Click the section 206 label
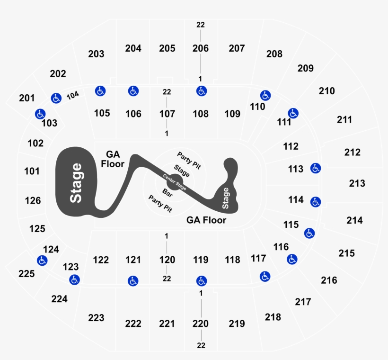[x=201, y=48]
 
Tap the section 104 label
[x=73, y=95]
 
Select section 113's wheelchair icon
[x=316, y=168]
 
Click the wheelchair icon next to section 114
[x=316, y=202]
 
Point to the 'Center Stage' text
[x=175, y=182]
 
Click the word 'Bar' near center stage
[x=168, y=193]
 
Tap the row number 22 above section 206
[x=201, y=25]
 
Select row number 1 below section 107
[x=167, y=133]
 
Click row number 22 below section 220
[x=201, y=345]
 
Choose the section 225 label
[x=26, y=274]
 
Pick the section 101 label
[x=32, y=171]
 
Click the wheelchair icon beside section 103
[x=40, y=114]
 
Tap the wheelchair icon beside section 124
[x=42, y=261]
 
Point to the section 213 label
[x=357, y=183]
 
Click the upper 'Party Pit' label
[x=189, y=161]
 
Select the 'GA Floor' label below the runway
[x=206, y=220]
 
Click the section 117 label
[x=258, y=259]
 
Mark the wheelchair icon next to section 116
[x=292, y=259]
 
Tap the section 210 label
[x=326, y=91]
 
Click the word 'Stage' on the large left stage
[x=76, y=183]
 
